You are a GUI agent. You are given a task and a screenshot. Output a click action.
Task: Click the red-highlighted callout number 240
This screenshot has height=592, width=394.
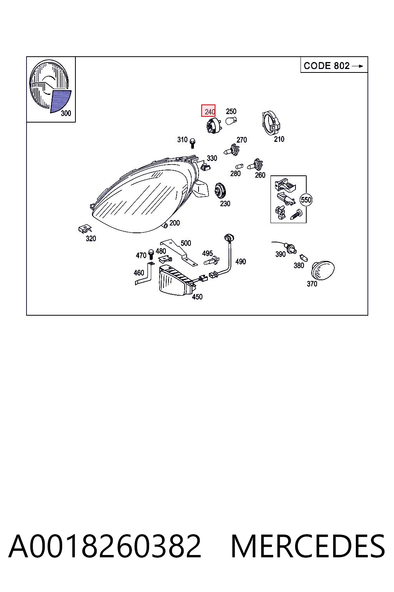(x=208, y=111)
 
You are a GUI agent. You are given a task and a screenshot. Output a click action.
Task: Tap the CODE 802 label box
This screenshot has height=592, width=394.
(x=334, y=65)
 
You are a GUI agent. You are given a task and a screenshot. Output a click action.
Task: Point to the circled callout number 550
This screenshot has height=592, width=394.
(x=306, y=200)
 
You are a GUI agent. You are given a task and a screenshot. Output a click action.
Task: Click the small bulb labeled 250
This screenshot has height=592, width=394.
(x=231, y=121)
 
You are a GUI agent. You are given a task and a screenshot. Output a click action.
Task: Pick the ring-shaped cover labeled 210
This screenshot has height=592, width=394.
(x=271, y=123)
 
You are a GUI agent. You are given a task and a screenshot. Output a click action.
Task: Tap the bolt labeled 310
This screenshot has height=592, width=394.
(x=192, y=143)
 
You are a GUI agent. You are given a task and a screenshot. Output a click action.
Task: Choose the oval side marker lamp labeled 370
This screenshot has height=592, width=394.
(x=323, y=269)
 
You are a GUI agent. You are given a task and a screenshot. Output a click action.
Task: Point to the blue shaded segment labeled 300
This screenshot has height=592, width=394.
(x=60, y=101)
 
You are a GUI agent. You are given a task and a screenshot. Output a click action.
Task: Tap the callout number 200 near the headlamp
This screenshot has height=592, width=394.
(x=174, y=223)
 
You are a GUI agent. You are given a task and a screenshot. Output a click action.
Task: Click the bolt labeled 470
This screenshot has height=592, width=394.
(x=151, y=254)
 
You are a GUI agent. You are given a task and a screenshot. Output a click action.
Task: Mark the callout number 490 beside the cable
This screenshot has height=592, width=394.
(x=240, y=261)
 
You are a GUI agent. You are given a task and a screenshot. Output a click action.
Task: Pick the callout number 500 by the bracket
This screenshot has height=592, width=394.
(x=186, y=243)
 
